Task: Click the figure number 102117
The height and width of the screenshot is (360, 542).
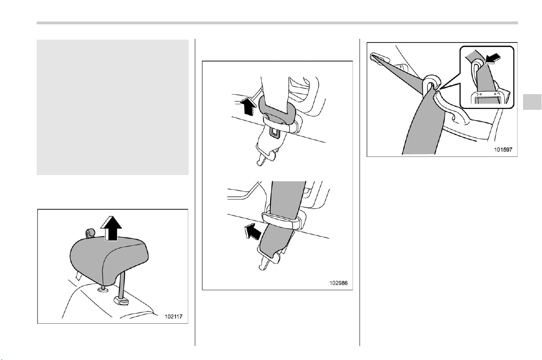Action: pyautogui.click(x=173, y=317)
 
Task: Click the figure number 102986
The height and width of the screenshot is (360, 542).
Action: pyautogui.click(x=338, y=283)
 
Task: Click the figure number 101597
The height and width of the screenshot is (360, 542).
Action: pyautogui.click(x=503, y=149)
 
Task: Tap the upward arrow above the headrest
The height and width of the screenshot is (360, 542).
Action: pyautogui.click(x=111, y=228)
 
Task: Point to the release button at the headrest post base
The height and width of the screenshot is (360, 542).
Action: pyautogui.click(x=121, y=301)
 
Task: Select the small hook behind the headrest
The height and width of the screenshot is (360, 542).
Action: pyautogui.click(x=90, y=233)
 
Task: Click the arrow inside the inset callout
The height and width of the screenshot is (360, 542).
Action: pyautogui.click(x=492, y=59)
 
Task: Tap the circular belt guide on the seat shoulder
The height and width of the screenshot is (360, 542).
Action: pyautogui.click(x=431, y=83)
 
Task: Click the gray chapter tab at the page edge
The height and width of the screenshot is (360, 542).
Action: pyautogui.click(x=532, y=102)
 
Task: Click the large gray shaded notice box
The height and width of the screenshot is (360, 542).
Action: pyautogui.click(x=113, y=107)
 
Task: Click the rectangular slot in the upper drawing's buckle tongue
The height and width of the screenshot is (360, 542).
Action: pyautogui.click(x=275, y=133)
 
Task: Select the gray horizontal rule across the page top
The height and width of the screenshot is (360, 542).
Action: pyautogui.click(x=277, y=23)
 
